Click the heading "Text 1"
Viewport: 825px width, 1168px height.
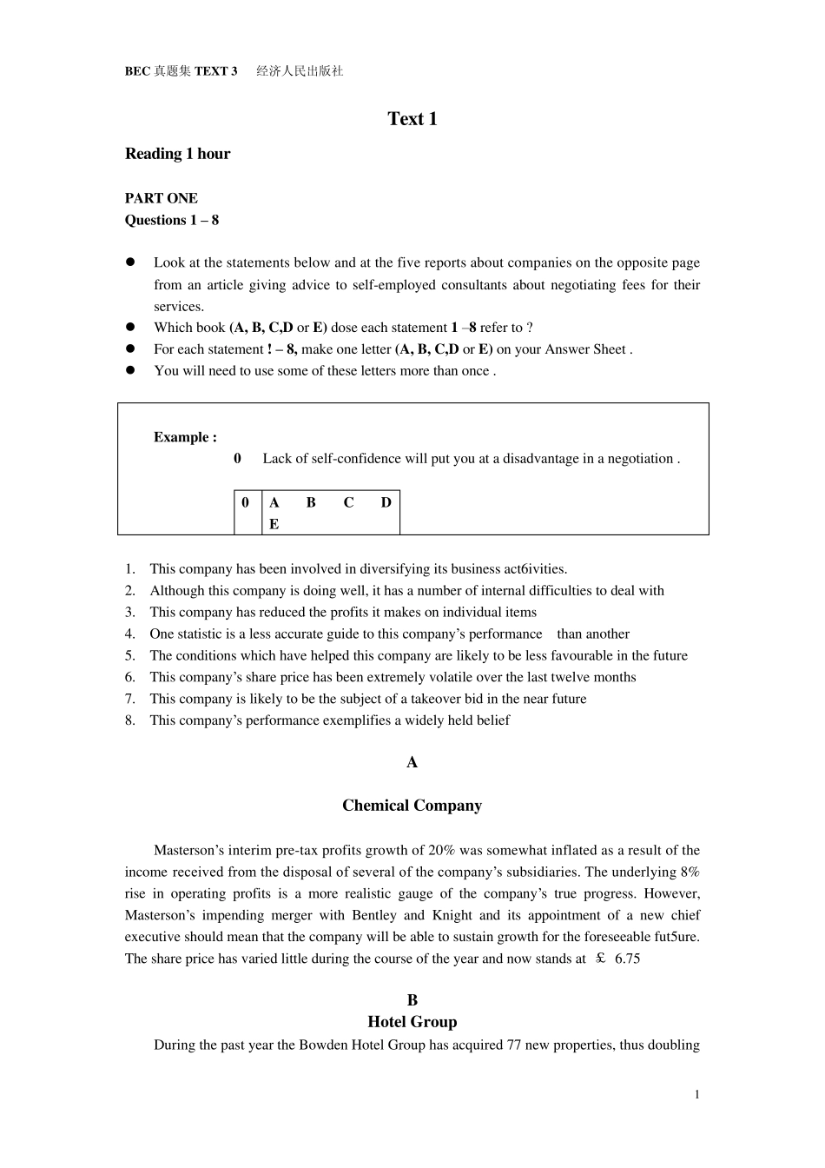(x=412, y=119)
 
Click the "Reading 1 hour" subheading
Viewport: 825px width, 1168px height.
(x=177, y=154)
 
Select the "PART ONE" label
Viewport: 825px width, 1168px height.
(x=161, y=198)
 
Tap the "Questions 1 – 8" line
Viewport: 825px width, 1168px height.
(x=171, y=220)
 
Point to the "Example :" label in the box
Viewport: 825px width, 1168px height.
(x=185, y=437)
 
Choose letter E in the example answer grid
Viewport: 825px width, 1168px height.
(x=274, y=524)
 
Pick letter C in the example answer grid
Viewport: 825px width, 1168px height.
(x=348, y=502)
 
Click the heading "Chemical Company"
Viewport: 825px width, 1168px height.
(x=412, y=806)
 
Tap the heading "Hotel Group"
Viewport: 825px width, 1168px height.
(x=412, y=1022)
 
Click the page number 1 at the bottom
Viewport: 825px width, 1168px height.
(x=696, y=1094)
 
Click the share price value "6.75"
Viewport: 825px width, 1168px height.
(x=627, y=959)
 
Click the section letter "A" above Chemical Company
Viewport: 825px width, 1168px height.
(x=412, y=762)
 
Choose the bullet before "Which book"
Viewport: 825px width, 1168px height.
(x=131, y=328)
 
